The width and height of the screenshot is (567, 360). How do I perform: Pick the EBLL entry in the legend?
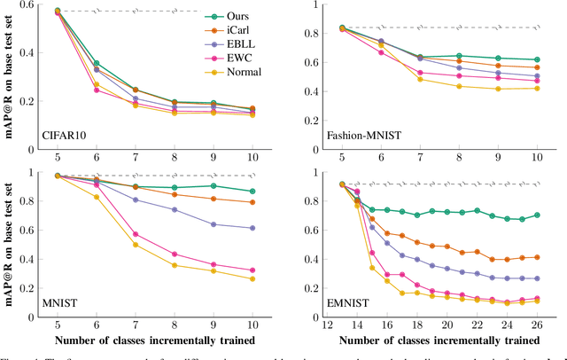click(244, 46)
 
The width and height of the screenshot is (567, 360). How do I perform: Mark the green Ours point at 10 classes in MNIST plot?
click(252, 192)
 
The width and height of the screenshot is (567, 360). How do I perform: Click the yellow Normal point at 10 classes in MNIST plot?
click(252, 279)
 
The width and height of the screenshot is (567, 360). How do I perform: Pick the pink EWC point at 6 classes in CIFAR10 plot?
click(96, 90)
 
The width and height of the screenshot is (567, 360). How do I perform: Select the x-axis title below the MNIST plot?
click(143, 340)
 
